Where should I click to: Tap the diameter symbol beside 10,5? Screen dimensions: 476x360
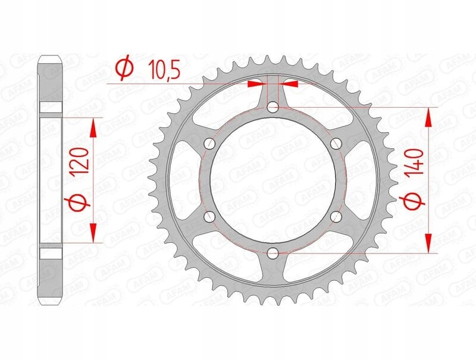(x=125, y=68)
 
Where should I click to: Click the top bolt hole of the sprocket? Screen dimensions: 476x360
(x=273, y=107)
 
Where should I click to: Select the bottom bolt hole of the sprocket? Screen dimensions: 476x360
(x=273, y=252)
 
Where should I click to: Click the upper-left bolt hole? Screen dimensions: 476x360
(x=209, y=143)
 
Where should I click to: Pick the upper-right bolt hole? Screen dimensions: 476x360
(x=336, y=143)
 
